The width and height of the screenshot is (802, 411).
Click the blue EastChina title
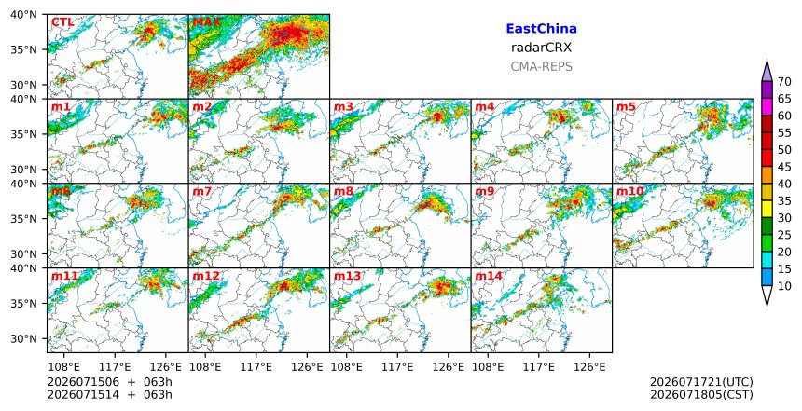[x=541, y=29]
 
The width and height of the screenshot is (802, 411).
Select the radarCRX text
[x=541, y=48]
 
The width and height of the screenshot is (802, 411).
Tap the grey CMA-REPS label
[x=541, y=66]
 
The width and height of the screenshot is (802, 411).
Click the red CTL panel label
[x=62, y=22]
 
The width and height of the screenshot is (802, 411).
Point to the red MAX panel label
[x=206, y=22]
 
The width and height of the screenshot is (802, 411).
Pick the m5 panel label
[x=626, y=107]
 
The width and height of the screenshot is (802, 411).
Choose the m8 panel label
[x=343, y=192]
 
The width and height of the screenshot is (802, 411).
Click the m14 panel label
[x=488, y=276]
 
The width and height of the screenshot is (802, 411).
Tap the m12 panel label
[x=205, y=276]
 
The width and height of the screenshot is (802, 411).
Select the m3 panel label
[x=343, y=107]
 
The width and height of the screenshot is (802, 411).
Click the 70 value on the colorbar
[x=784, y=82]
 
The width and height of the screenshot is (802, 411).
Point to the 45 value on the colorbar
[x=784, y=167]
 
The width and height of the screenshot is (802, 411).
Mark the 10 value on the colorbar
[x=784, y=286]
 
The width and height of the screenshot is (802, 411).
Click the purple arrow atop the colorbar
[x=767, y=72]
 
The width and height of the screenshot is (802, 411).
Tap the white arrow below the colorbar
[x=767, y=295]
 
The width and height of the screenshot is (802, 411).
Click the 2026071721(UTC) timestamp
[x=701, y=382]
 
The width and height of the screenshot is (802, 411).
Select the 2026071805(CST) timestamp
[x=701, y=394]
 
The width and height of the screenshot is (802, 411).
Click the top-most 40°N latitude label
[x=23, y=15]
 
